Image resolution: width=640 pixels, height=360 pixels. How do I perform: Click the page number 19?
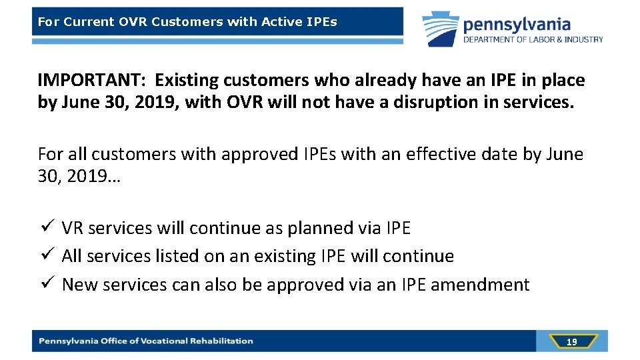pos(571,342)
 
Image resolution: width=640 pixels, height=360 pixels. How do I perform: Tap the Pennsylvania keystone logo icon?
pos(440,29)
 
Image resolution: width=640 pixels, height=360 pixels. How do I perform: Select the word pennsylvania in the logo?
pos(517,25)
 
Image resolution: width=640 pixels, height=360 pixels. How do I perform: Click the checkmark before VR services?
pos(45,227)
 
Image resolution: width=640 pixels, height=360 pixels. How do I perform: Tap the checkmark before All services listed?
pos(45,255)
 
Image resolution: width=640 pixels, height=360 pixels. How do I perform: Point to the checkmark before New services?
pos(45,284)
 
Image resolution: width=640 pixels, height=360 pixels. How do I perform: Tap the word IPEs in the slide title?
pos(322,22)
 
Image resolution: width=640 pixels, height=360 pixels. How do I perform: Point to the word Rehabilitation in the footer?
pos(221,341)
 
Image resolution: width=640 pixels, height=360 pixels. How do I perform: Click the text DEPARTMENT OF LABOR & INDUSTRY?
pos(533,40)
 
